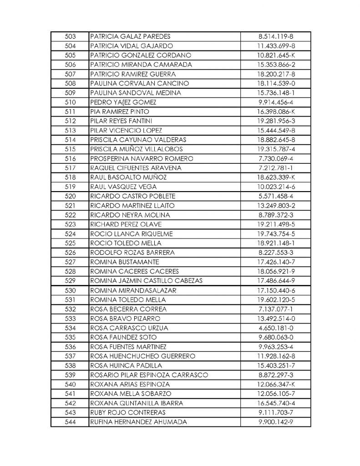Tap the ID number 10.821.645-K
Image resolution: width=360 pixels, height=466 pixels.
point(277,55)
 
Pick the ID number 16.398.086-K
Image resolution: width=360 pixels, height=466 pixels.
point(277,111)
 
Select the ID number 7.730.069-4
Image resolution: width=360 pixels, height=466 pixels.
point(277,158)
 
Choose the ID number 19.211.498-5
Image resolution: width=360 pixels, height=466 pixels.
point(277,224)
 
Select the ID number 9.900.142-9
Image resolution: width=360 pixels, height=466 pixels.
point(277,422)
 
